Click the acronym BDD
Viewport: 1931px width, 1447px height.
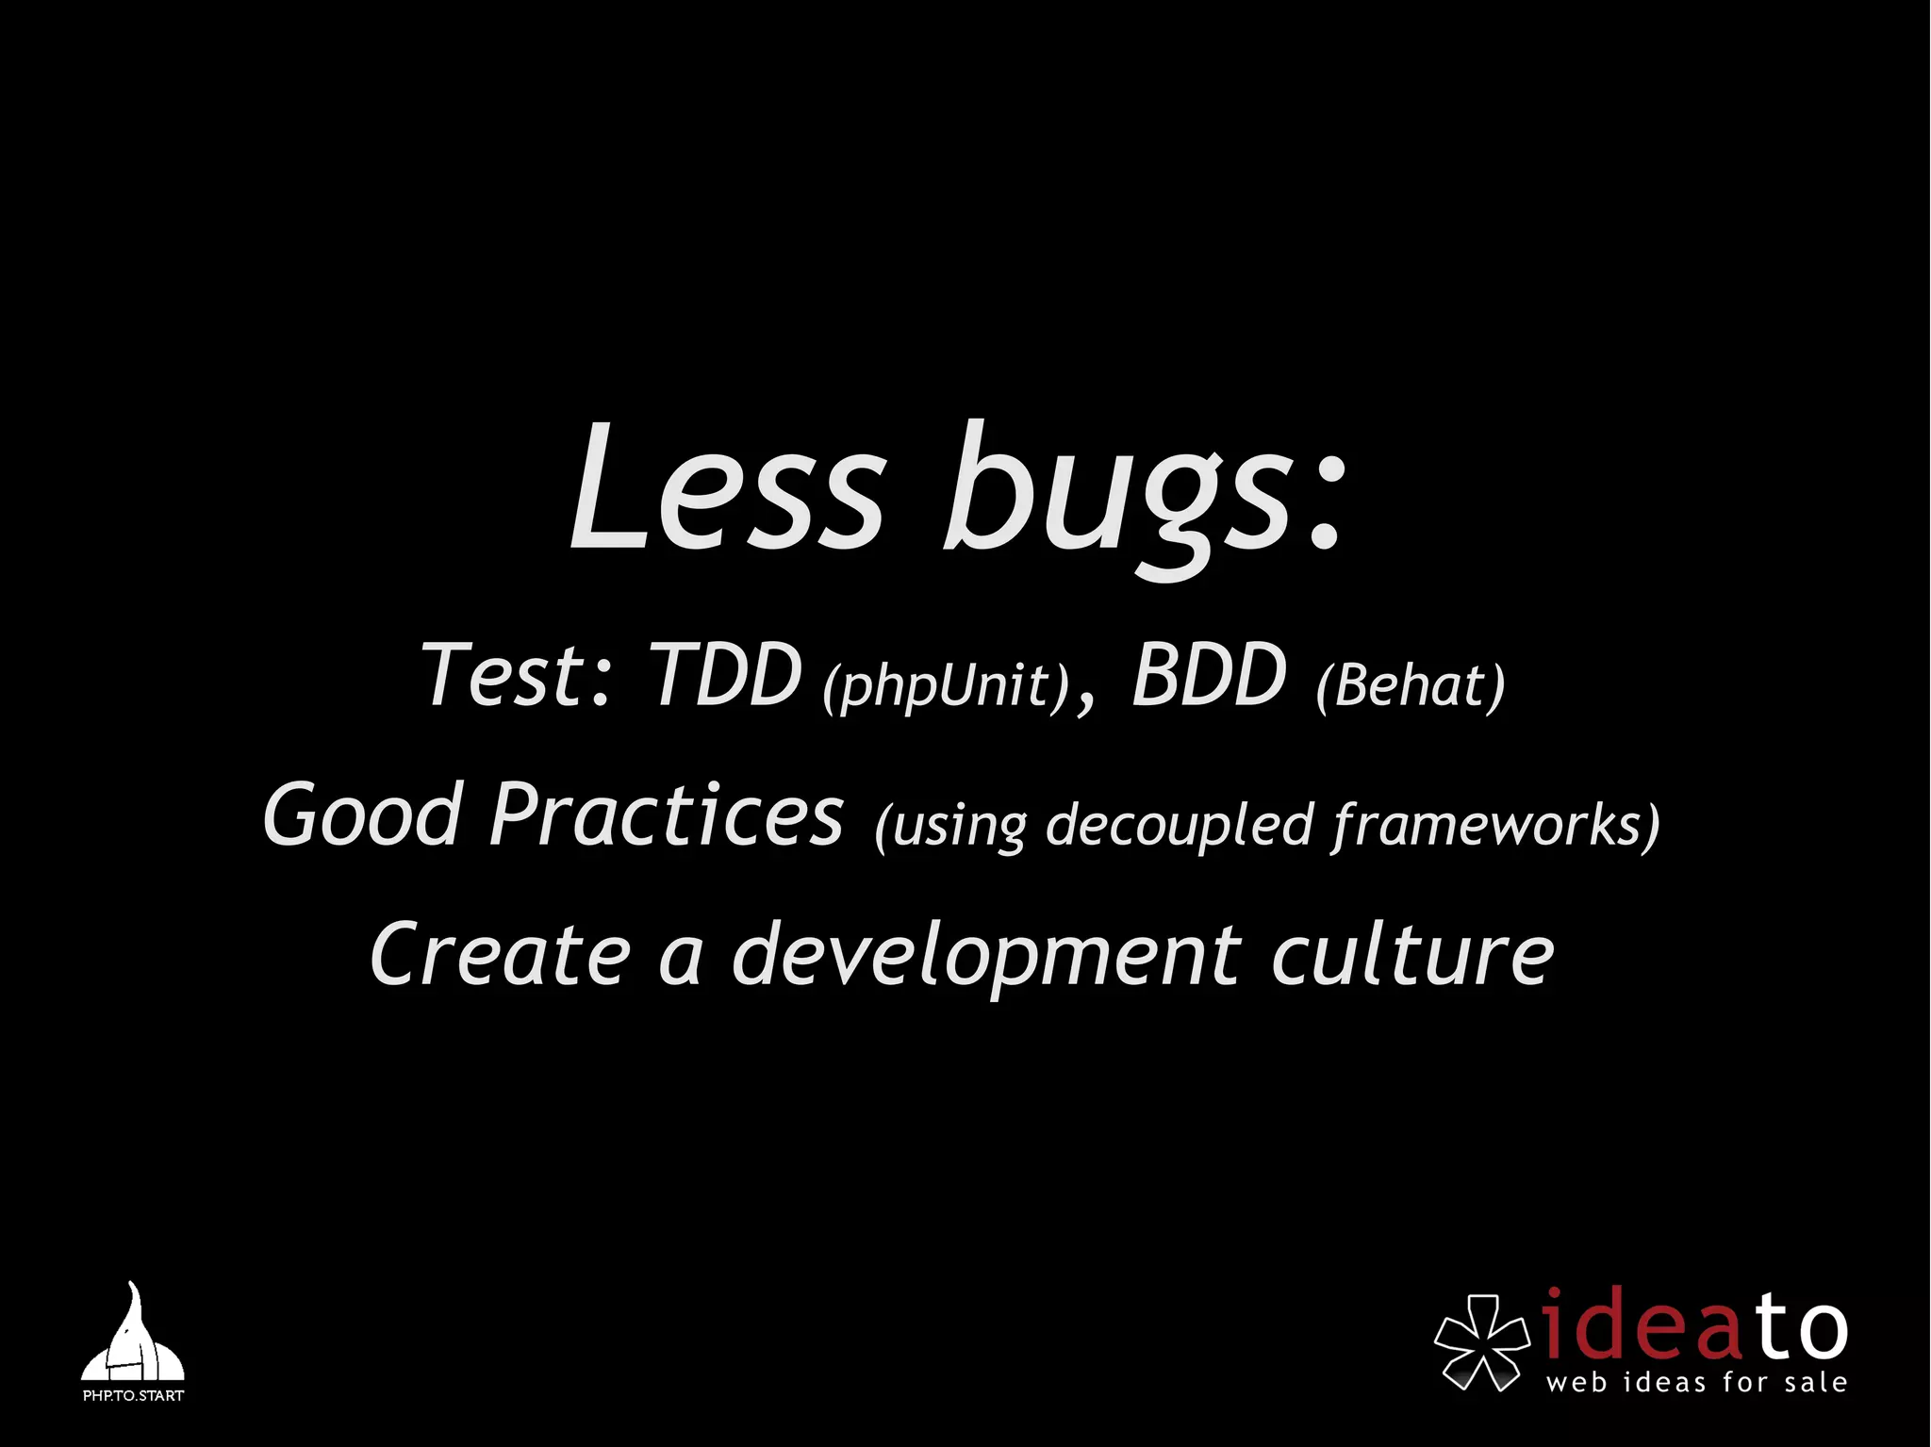[x=1209, y=675]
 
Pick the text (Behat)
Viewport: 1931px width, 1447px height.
[x=1411, y=685]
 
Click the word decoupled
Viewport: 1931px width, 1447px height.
[x=1180, y=825]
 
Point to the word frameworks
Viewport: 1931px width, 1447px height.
[x=1490, y=825]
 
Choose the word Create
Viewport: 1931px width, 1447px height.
[x=500, y=954]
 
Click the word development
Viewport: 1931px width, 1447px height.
[x=986, y=956]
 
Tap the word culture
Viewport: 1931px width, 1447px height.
[x=1412, y=954]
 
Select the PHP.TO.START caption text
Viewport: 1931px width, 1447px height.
[x=133, y=1395]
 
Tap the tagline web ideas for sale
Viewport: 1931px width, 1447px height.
[x=1696, y=1383]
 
